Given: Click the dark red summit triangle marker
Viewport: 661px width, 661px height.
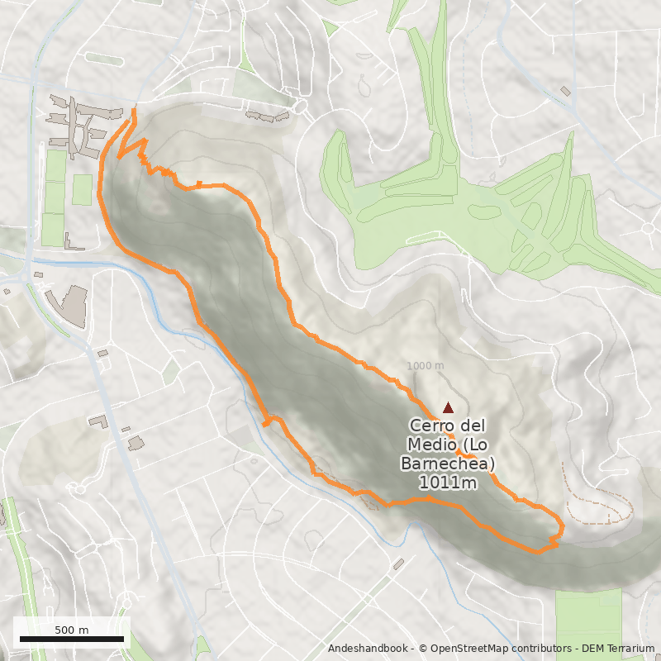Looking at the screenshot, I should pyautogui.click(x=448, y=407).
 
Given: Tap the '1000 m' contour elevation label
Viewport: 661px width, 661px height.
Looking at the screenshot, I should pyautogui.click(x=426, y=366).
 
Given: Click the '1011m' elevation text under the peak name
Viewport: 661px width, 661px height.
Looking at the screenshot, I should pyautogui.click(x=447, y=483).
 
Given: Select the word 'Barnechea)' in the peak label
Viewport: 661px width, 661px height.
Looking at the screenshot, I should pyautogui.click(x=447, y=464).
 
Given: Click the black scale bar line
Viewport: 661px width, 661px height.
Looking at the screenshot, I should pyautogui.click(x=71, y=640).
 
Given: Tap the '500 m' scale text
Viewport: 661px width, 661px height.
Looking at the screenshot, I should pyautogui.click(x=71, y=630).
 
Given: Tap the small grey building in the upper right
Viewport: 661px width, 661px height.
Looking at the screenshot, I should pyautogui.click(x=566, y=91).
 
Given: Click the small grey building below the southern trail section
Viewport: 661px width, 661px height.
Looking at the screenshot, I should pyautogui.click(x=398, y=564).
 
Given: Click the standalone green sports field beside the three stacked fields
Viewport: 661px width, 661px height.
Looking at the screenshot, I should pyautogui.click(x=82, y=189).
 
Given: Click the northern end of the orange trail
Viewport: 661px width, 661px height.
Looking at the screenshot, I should pyautogui.click(x=134, y=111).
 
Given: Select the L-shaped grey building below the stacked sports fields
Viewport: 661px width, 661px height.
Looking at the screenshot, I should pyautogui.click(x=74, y=243).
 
